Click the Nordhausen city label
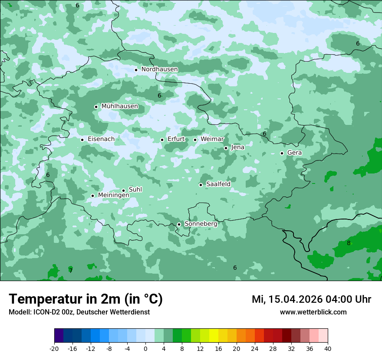point(159,69)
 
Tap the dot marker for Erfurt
point(162,140)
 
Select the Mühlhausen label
point(119,106)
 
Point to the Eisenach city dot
point(82,140)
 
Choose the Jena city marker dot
point(226,148)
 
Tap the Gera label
point(294,153)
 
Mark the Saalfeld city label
point(218,184)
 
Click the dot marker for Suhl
point(123,190)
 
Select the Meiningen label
point(113,196)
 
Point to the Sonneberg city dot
point(179,224)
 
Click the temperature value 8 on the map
point(349,243)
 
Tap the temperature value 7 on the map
point(71,271)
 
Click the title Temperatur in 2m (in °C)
point(86,299)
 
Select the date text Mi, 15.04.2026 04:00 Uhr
point(311,299)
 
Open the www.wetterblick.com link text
point(313,312)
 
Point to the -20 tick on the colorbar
point(54,349)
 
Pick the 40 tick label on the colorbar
point(327,349)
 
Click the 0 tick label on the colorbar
point(145,349)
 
